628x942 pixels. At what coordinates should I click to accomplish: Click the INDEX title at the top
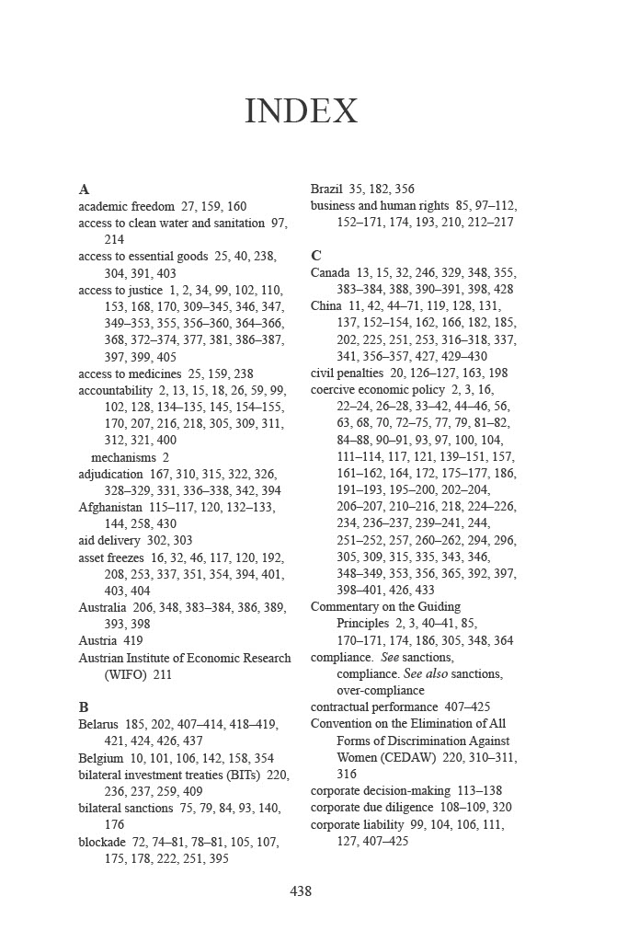[x=301, y=111]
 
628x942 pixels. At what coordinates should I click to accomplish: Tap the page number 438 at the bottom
[x=301, y=890]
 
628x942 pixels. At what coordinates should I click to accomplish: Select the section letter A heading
[x=84, y=190]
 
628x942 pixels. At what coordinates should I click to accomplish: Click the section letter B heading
[x=84, y=707]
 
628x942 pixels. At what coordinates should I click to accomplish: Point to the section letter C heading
[x=316, y=256]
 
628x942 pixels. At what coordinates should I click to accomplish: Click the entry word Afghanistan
[x=110, y=507]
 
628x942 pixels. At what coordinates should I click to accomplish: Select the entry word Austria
[x=97, y=640]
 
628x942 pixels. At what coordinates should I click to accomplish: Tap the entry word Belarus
[x=98, y=724]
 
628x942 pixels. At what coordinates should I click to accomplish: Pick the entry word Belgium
[x=101, y=758]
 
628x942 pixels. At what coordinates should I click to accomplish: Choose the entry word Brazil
[x=326, y=190]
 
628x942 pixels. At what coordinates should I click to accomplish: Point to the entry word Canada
[x=330, y=272]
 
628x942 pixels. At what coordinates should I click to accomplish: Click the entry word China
[x=326, y=305]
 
